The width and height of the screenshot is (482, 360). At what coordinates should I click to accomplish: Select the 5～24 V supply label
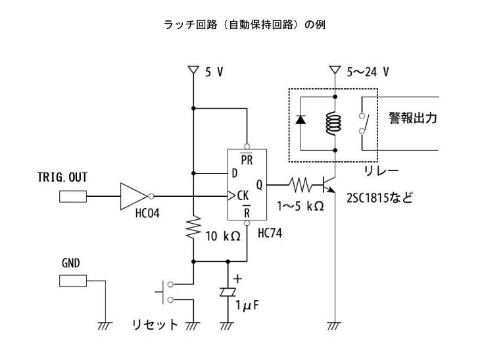coord(368,72)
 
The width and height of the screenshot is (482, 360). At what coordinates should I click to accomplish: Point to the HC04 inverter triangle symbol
coord(134,195)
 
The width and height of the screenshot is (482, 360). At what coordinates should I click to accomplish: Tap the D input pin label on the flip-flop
coord(234,174)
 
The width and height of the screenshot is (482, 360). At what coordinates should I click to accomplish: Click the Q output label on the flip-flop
coord(259,185)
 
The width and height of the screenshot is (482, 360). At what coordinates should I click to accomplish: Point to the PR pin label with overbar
coord(247,159)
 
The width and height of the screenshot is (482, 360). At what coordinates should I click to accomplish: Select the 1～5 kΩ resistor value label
coord(301,205)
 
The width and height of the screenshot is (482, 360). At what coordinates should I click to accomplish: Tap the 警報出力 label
coord(412,118)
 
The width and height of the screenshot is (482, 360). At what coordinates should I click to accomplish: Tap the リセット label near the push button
coord(155,324)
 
